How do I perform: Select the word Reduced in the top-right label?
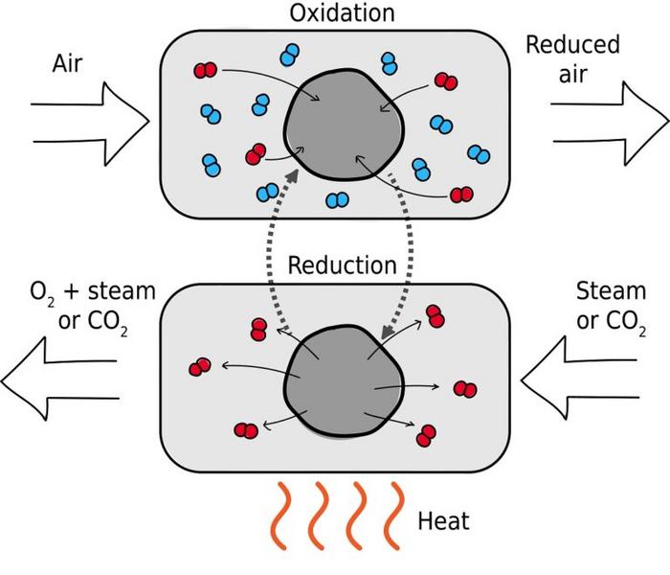click(x=572, y=44)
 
